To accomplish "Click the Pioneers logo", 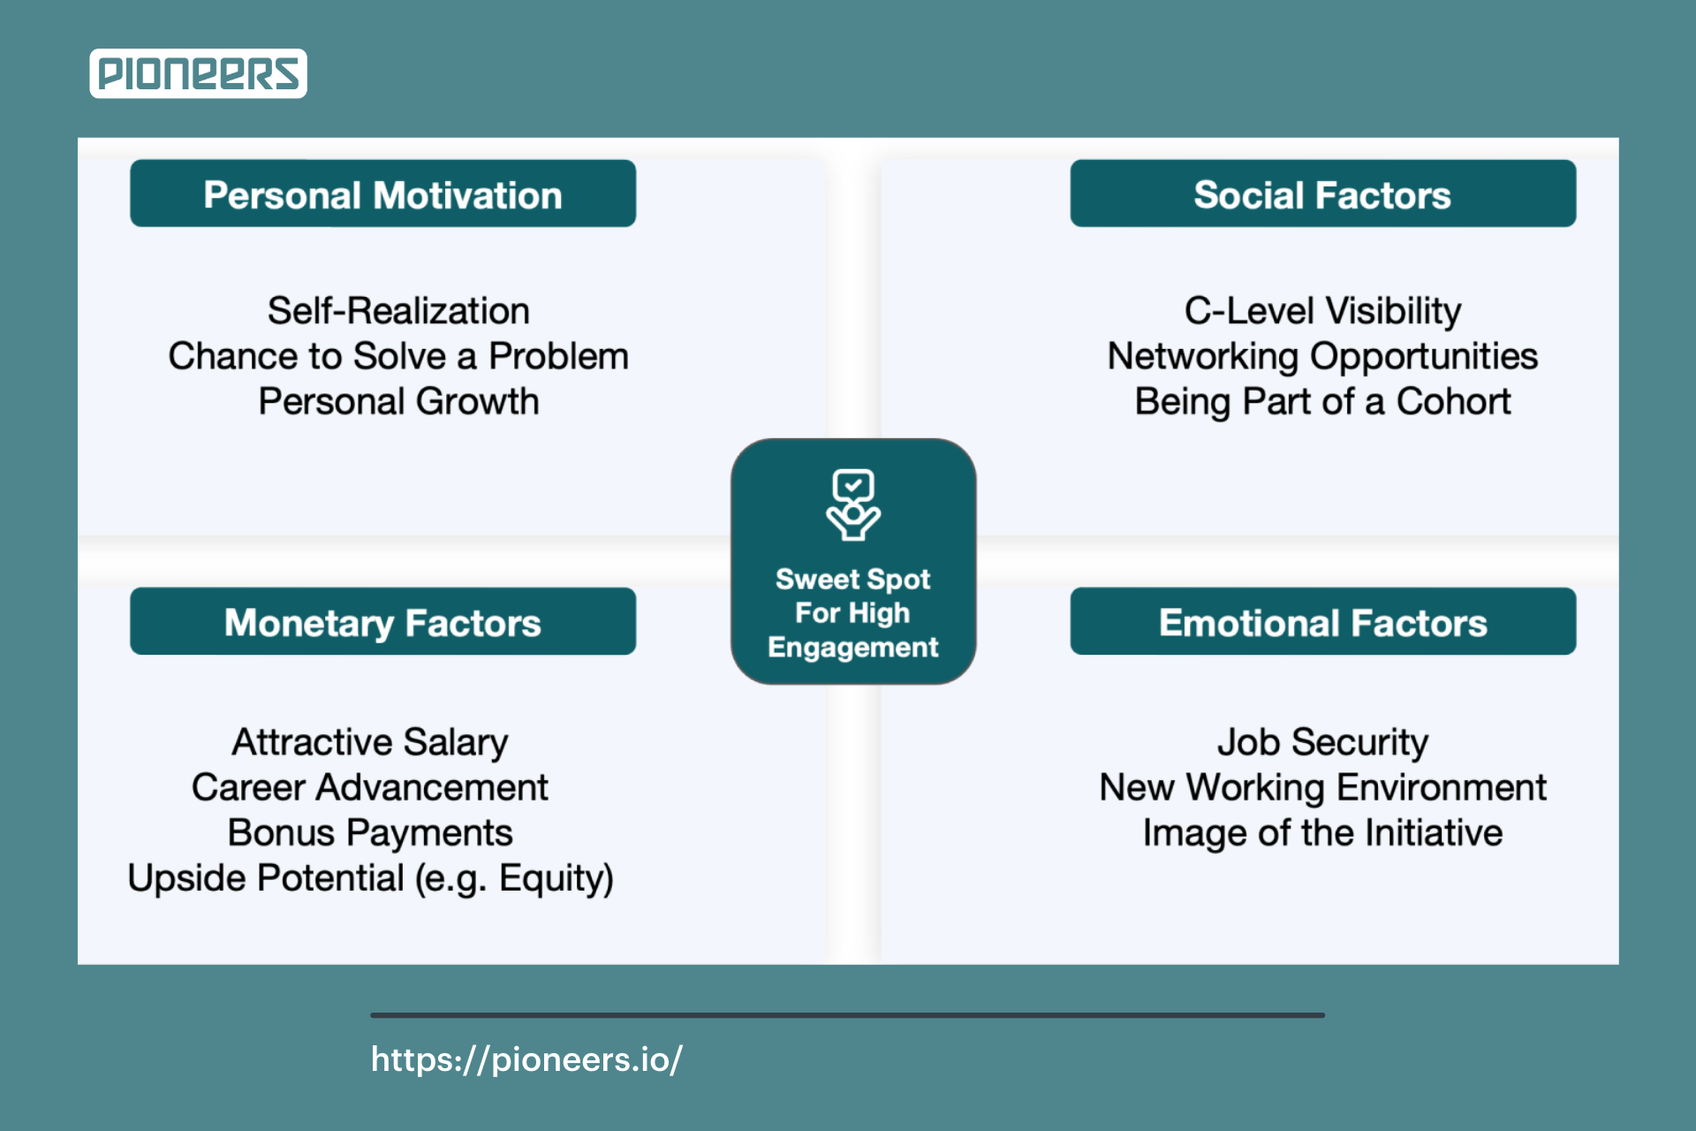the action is pos(198,73).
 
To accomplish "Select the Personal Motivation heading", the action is pos(382,194).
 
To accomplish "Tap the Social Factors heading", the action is pos(1322,194).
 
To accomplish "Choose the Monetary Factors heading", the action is pos(382,622).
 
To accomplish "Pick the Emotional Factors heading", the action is pos(1322,622).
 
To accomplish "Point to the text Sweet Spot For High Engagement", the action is pos(853,613).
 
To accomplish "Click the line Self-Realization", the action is pos(398,311).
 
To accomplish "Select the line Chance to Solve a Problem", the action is pos(398,356).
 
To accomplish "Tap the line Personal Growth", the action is pos(398,402).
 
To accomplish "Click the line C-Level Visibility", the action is pos(1322,312).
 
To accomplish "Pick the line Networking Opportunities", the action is pos(1322,357).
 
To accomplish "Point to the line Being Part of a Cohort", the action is pos(1322,402).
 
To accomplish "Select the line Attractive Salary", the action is pos(370,743).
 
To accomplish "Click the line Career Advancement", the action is pos(370,787).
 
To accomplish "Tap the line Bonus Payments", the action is pos(370,833).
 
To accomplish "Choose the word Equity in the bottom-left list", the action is pos(551,879).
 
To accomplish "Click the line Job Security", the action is pos(1322,743).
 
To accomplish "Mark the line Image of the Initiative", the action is pos(1322,833).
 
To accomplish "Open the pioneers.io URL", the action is pos(526,1059).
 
